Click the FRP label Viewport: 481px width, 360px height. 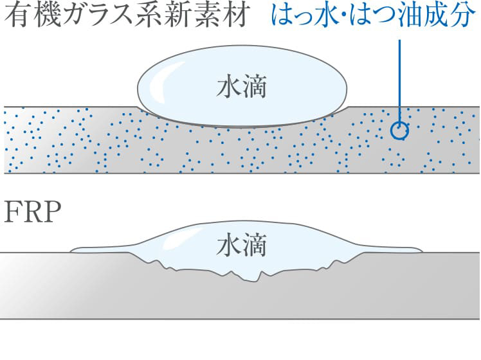click(33, 213)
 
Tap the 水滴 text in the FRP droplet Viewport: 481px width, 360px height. click(240, 246)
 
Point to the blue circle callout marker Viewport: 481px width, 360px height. click(399, 130)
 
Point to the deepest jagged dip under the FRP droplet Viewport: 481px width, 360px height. click(259, 278)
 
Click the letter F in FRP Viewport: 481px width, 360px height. click(13, 213)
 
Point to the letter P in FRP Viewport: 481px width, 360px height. click(54, 213)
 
